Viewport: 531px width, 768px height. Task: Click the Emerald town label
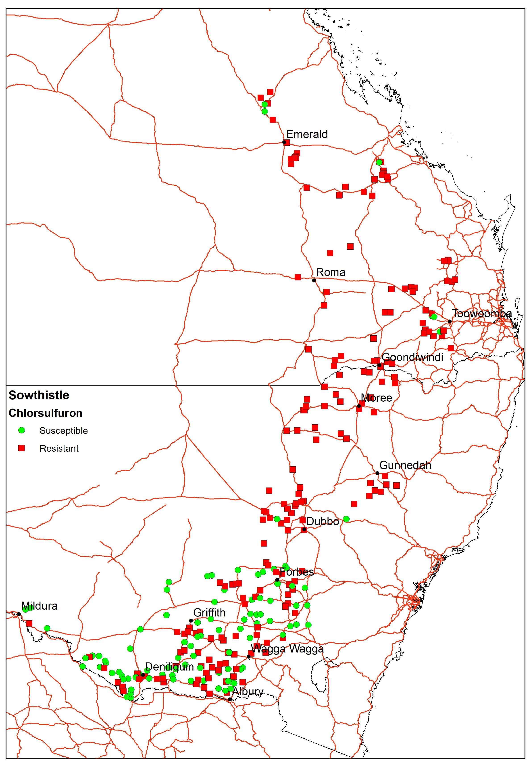point(307,134)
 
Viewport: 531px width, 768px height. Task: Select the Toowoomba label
point(482,313)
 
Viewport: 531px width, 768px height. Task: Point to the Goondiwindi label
point(412,357)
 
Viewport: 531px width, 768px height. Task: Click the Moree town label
point(376,398)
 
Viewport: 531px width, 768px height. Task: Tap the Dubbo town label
point(322,521)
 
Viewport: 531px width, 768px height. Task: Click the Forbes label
point(296,572)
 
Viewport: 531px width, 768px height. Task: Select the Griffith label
point(209,612)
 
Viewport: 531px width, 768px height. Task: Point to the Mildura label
point(39,606)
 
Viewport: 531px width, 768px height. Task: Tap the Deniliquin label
point(169,666)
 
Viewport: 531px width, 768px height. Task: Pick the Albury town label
point(248,691)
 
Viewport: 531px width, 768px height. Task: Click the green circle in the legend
point(22,430)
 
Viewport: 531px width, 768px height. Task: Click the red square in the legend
point(22,448)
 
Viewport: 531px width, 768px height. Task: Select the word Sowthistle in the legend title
point(39,395)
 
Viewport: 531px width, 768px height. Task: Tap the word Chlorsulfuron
point(46,413)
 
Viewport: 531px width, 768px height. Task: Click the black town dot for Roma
point(314,280)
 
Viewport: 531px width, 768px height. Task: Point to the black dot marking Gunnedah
point(377,473)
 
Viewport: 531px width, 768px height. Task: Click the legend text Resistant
point(59,448)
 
